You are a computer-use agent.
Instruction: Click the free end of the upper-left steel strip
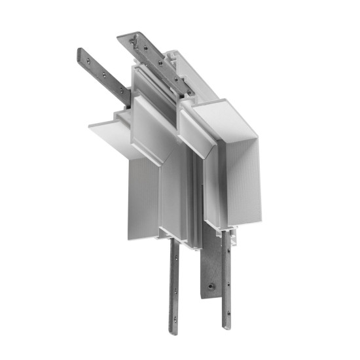pyautogui.click(x=82, y=52)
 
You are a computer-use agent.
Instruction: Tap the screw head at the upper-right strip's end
pyautogui.click(x=135, y=40)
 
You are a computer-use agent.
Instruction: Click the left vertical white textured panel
pyautogui.click(x=141, y=196)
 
